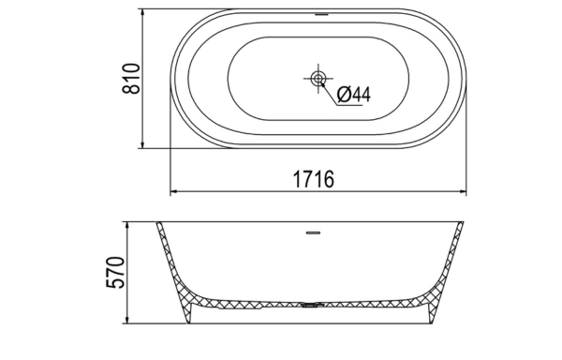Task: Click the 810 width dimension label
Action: [131, 79]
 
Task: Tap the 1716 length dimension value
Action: [314, 179]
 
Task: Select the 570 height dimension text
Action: [116, 272]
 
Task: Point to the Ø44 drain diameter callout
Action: [354, 95]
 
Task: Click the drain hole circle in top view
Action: [318, 78]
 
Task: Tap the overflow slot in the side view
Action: [313, 232]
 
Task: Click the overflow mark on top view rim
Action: [321, 15]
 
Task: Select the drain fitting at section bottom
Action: [313, 305]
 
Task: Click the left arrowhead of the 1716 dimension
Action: [173, 191]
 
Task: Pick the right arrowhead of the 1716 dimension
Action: [463, 191]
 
